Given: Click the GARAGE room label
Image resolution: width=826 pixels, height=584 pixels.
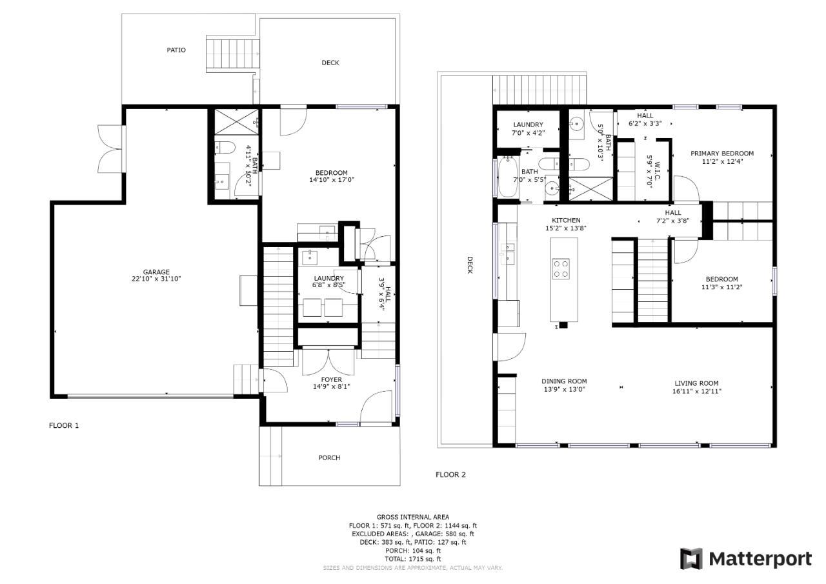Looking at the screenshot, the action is pos(156,272).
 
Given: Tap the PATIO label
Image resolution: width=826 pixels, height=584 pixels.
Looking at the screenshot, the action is pos(176,50).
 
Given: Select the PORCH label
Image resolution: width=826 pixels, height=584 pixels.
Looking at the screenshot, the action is pos(329,458).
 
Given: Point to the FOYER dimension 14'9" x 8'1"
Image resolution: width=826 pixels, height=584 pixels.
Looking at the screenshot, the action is pos(332,387).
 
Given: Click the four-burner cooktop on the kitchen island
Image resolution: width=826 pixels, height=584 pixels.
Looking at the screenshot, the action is pos(561,268).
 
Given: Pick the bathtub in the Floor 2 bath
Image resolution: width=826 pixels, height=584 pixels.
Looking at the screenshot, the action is pos(507,177).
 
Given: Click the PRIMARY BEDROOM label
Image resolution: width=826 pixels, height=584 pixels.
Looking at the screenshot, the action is pos(722,154).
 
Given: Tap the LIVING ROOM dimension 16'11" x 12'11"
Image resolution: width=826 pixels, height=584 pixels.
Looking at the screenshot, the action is pos(696,391).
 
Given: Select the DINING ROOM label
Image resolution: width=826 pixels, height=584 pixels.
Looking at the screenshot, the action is pos(564,381).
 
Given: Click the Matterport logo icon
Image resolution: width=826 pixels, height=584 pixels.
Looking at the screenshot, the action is pos(691,559).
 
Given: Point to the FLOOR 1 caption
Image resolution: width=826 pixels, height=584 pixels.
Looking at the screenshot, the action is pos(64,425).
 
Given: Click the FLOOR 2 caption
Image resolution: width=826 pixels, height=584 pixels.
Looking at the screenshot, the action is pos(450,474).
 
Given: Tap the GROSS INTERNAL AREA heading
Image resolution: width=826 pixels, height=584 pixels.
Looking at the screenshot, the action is pos(413,518).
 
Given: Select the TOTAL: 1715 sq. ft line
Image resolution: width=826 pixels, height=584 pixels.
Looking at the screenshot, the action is pos(413,559).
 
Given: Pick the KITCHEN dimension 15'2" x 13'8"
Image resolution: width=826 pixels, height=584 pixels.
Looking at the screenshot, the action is pos(566,228).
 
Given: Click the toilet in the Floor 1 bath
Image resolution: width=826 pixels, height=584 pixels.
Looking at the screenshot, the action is pos(225,148).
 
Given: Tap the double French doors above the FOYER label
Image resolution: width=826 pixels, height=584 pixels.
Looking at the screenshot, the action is pos(328,361).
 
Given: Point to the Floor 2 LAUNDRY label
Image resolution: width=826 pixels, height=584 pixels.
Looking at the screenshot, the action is pos(528,125).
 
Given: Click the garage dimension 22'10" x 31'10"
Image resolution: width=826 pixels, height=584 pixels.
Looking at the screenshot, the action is pos(156,279).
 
